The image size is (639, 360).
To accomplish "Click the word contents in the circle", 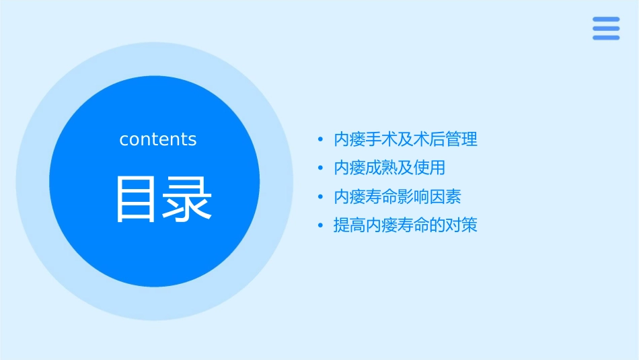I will pos(158,139).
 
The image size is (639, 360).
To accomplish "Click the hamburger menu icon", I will pos(606,28).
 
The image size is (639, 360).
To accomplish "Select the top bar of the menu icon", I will pos(606,19).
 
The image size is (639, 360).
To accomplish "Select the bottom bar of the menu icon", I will pos(606,38).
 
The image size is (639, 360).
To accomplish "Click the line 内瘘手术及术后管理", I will pos(406,139).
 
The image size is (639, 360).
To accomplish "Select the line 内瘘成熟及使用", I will pos(389,168).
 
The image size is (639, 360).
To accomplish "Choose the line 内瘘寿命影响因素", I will pos(398,196).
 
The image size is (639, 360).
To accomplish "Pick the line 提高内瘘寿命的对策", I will pos(406,225).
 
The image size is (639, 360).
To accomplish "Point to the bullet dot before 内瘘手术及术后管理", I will pos(321,140).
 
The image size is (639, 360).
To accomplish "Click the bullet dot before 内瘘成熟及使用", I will pos(321,168).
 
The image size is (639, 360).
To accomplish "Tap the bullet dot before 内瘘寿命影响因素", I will pos(321,197).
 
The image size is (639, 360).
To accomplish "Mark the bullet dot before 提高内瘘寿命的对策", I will pos(321,225).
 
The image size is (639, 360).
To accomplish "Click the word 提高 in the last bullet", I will pos(350,225).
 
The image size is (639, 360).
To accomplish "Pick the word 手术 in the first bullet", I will pos(382,139).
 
